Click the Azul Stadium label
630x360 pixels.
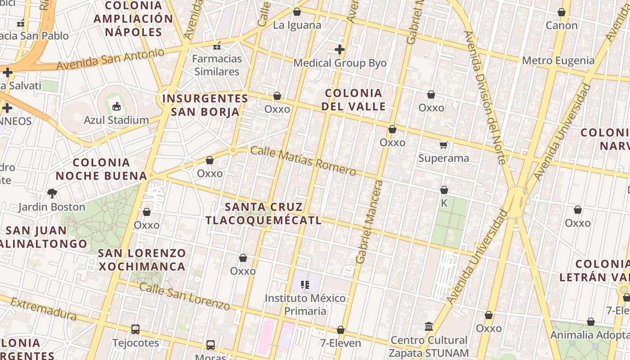pyautogui.click(x=116, y=120)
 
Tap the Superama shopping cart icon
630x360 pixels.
pyautogui.click(x=444, y=144)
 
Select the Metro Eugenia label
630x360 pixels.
pyautogui.click(x=558, y=61)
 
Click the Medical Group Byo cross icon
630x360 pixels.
pyautogui.click(x=340, y=49)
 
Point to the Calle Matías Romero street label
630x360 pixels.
pyautogui.click(x=303, y=161)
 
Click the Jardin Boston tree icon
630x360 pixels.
pyautogui.click(x=52, y=193)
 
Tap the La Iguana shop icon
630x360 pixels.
pyautogui.click(x=297, y=12)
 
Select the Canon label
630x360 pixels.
pyautogui.click(x=562, y=25)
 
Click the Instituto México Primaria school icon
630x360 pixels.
pyautogui.click(x=306, y=284)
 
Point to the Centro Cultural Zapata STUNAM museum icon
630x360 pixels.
pyautogui.click(x=429, y=326)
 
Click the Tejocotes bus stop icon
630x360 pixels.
pyautogui.click(x=135, y=329)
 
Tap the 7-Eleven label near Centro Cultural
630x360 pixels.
pyautogui.click(x=341, y=343)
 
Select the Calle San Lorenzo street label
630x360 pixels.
pyautogui.click(x=184, y=296)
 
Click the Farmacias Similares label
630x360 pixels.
pyautogui.click(x=217, y=65)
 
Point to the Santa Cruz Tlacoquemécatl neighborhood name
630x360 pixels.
pyautogui.click(x=264, y=213)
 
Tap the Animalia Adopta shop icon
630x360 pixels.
pyautogui.click(x=591, y=322)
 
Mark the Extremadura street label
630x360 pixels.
pyautogui.click(x=43, y=309)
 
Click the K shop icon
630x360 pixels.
pyautogui.click(x=444, y=190)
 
